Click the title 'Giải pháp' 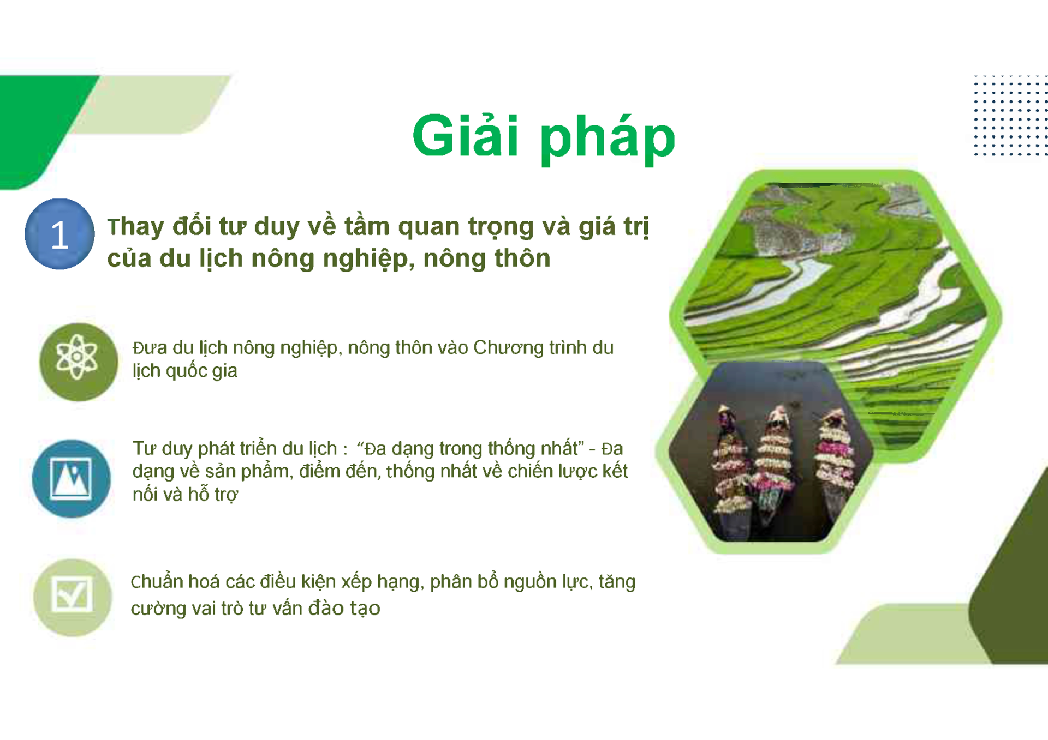tap(544, 137)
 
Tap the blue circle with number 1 tap(59, 234)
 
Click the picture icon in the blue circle tap(71, 478)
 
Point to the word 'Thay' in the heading tap(135, 227)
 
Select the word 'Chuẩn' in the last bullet tap(157, 582)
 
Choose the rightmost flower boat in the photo tap(833, 458)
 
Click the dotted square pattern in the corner tap(1010, 116)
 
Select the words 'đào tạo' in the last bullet tap(344, 608)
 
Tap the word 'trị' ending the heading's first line tap(636, 227)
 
